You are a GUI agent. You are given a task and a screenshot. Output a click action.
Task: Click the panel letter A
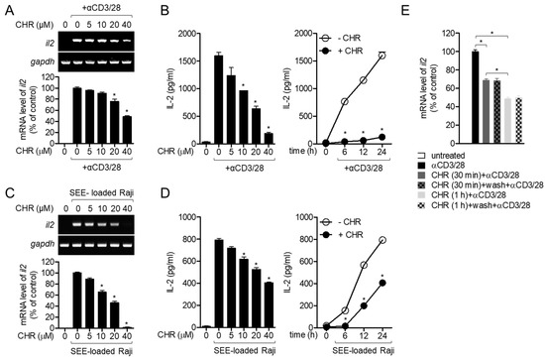8,8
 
